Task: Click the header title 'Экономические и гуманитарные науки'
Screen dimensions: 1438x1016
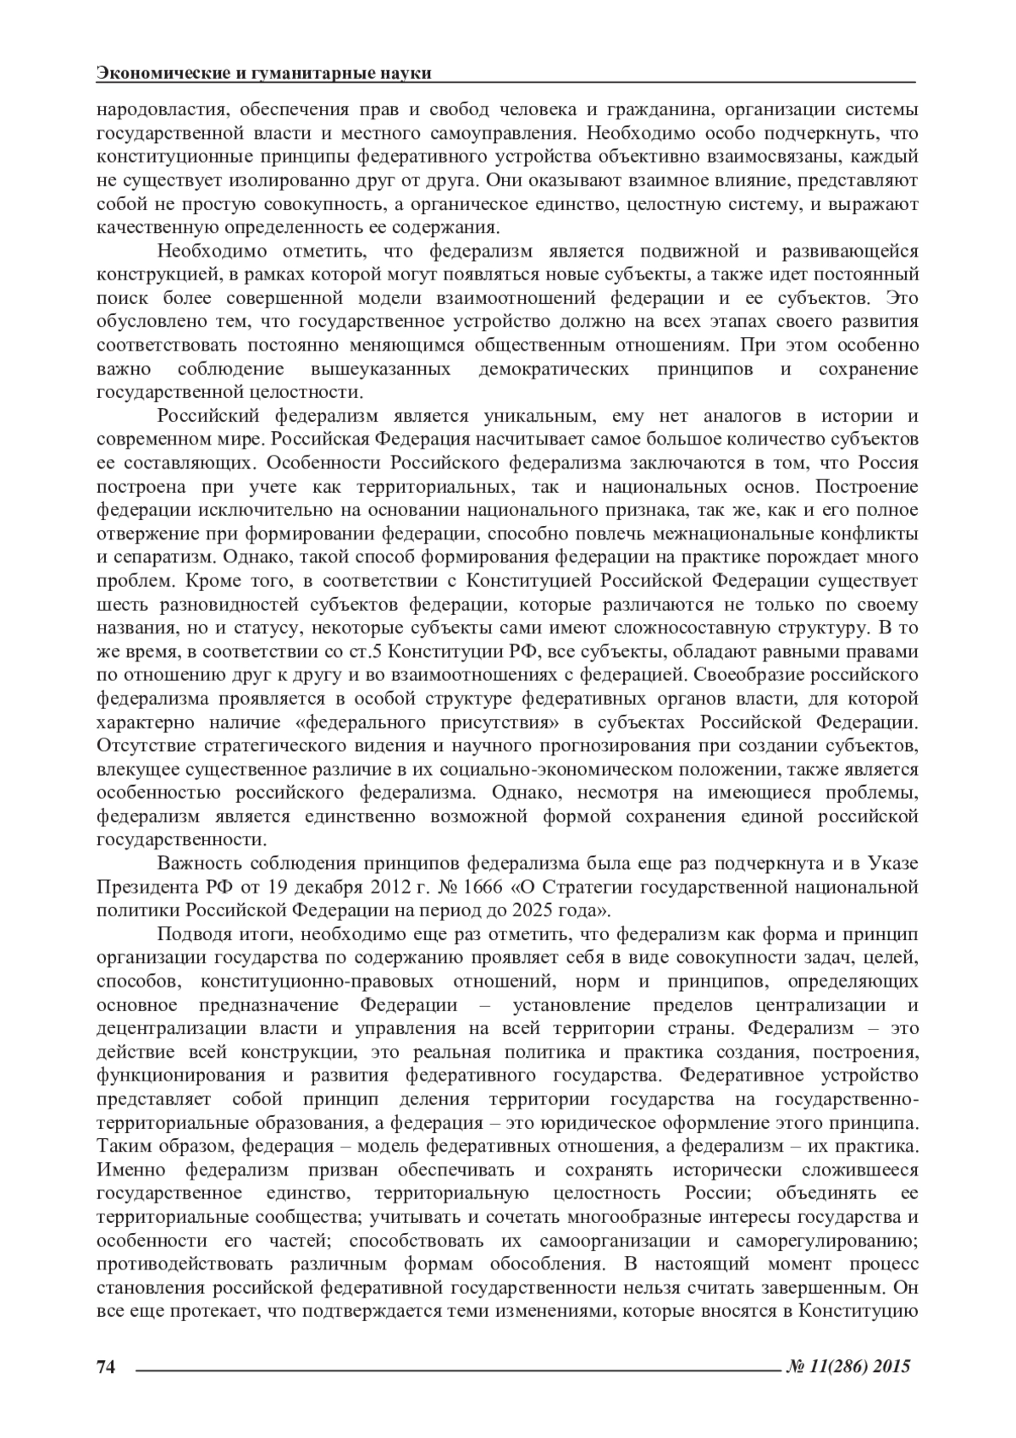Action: click(264, 74)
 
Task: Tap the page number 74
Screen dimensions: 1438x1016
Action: click(106, 1366)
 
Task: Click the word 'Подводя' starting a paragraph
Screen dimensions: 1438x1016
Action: click(190, 935)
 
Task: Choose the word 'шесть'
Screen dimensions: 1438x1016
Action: click(119, 605)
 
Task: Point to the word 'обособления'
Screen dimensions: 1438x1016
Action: click(544, 1264)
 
